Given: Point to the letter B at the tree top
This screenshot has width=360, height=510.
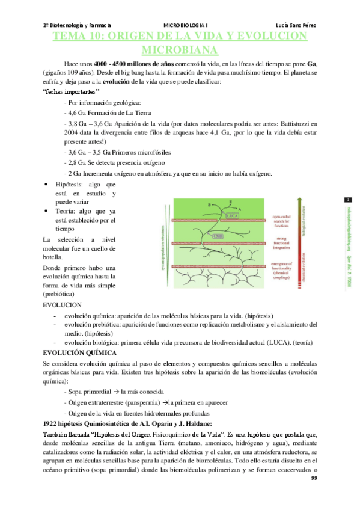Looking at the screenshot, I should pos(209,204).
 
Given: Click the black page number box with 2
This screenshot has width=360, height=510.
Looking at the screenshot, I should pos(347,200).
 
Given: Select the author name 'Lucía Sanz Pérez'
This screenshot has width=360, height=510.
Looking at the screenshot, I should pos(296,25).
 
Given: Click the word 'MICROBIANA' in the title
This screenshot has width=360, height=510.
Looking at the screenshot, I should pos(180,49).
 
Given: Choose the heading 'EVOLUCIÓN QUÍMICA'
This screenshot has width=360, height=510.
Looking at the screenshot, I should pos(79,353).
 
